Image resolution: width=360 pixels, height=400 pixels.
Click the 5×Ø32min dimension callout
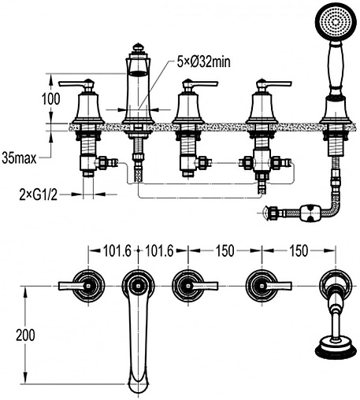pyautogui.click(x=204, y=62)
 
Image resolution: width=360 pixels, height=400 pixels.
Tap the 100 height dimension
pyautogui.click(x=51, y=99)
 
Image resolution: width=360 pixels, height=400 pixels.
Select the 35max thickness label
pyautogui.click(x=19, y=158)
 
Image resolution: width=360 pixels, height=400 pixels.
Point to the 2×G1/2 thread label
pyautogui.click(x=39, y=195)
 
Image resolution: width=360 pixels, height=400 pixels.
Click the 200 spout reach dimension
pyautogui.click(x=25, y=335)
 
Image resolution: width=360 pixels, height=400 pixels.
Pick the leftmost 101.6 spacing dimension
pyautogui.click(x=117, y=250)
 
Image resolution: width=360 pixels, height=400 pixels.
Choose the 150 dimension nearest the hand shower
pyautogui.click(x=299, y=250)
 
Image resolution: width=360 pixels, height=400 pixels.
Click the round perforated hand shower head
pyautogui.click(x=336, y=21)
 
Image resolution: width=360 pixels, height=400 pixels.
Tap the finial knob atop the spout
pyautogui.click(x=137, y=48)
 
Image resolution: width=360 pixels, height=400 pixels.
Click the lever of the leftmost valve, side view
pyautogui.click(x=76, y=84)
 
